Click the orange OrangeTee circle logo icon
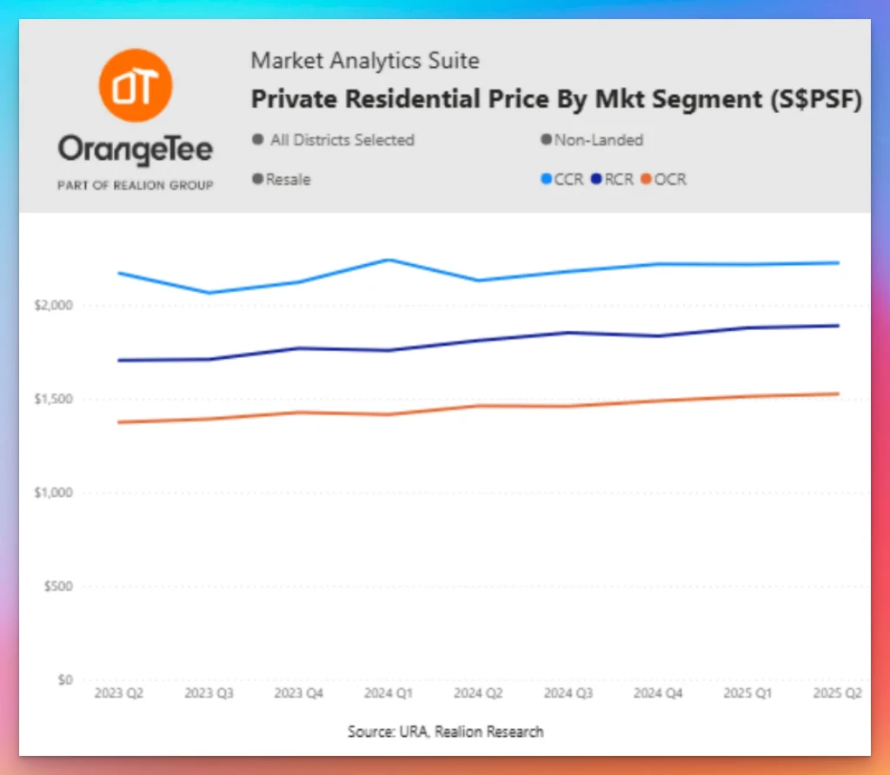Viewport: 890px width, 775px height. click(136, 84)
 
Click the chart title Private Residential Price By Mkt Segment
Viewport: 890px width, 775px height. click(556, 100)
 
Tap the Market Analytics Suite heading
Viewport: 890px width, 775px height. click(365, 61)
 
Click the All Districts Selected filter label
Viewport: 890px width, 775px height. click(341, 140)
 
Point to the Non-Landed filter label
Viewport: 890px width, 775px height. click(598, 140)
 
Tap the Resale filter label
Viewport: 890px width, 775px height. click(288, 180)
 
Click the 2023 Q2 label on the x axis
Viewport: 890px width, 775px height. click(119, 693)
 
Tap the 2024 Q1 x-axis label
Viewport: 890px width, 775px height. click(388, 693)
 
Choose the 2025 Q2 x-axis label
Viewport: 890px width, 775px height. click(837, 693)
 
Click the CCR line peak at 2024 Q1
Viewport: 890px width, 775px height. click(388, 260)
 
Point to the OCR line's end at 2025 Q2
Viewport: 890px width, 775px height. click(838, 394)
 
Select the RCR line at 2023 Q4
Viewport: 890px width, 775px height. click(298, 348)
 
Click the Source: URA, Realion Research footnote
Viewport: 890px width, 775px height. click(445, 732)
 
